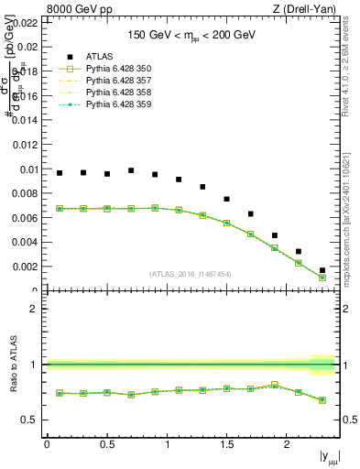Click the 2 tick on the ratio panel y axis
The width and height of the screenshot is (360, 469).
(35, 309)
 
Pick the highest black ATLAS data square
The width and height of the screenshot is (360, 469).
(131, 170)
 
